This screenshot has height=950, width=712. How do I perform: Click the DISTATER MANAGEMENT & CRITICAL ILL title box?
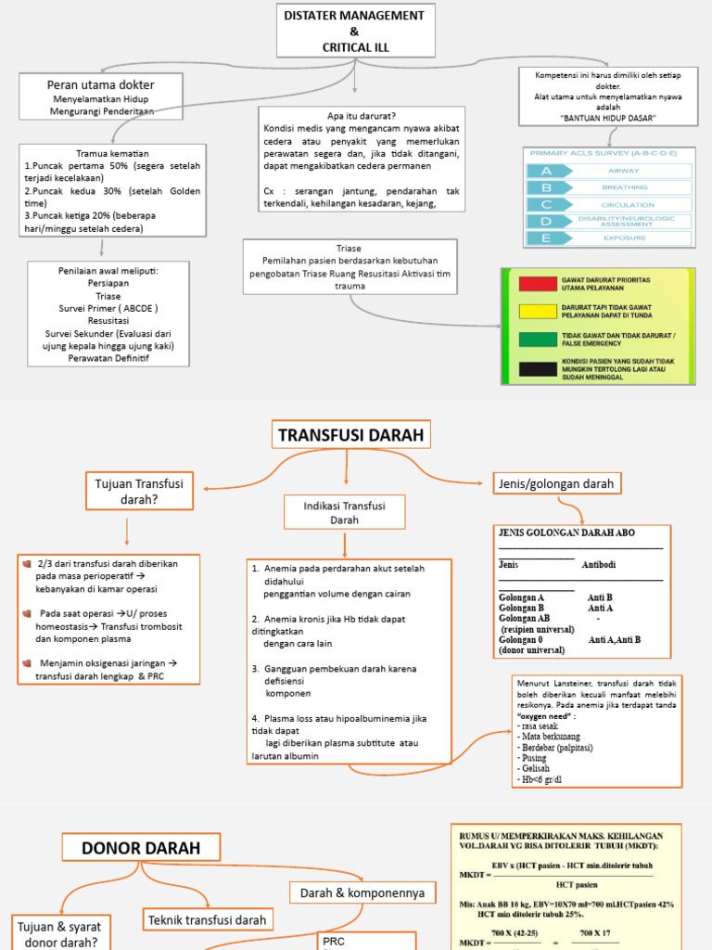click(355, 31)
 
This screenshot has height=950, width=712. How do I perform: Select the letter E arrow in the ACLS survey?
click(546, 238)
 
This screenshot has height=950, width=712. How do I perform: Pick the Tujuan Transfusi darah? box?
click(139, 491)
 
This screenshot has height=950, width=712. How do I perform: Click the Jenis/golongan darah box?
click(556, 483)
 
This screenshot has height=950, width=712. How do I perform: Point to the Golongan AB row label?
click(524, 617)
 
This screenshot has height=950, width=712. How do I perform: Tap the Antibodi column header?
click(598, 565)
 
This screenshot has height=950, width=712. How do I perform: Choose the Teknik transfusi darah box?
click(207, 919)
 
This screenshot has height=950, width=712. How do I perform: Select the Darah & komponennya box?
click(362, 892)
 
